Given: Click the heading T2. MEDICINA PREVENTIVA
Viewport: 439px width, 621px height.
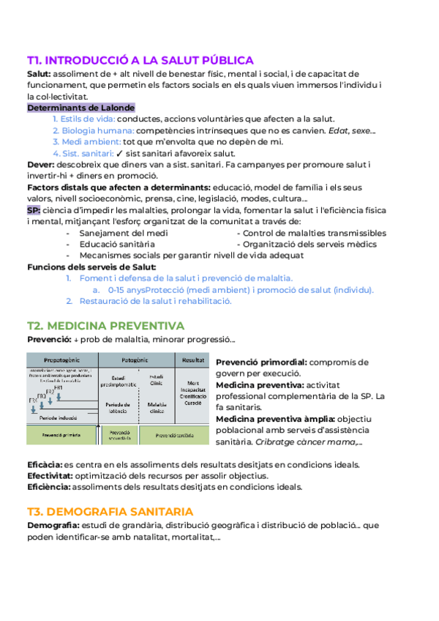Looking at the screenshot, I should pyautogui.click(x=105, y=325).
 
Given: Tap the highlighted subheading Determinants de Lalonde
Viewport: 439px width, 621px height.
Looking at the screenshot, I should pyautogui.click(x=80, y=108).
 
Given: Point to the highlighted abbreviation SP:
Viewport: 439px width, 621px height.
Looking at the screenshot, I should pyautogui.click(x=34, y=210).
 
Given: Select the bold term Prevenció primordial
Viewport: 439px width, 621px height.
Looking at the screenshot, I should pyautogui.click(x=261, y=362).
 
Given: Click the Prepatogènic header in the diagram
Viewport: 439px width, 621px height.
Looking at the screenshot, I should pyautogui.click(x=61, y=360).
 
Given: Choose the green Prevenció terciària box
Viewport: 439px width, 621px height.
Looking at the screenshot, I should pyautogui.click(x=170, y=434).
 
